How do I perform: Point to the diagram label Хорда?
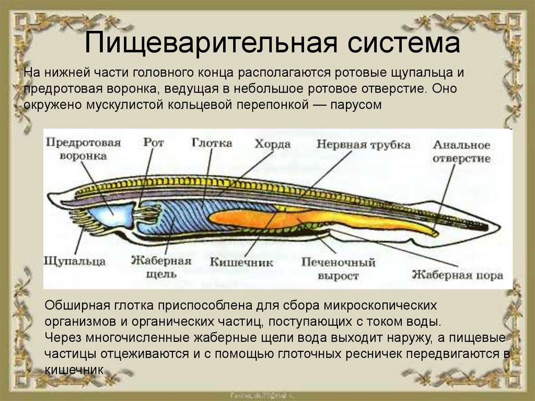pos(272,144)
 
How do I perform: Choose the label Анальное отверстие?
pos(462,151)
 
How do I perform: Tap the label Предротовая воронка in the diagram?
pos(83,148)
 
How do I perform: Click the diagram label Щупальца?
pos(76,260)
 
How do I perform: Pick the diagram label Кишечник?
pos(241,262)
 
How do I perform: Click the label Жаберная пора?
pos(457,274)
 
